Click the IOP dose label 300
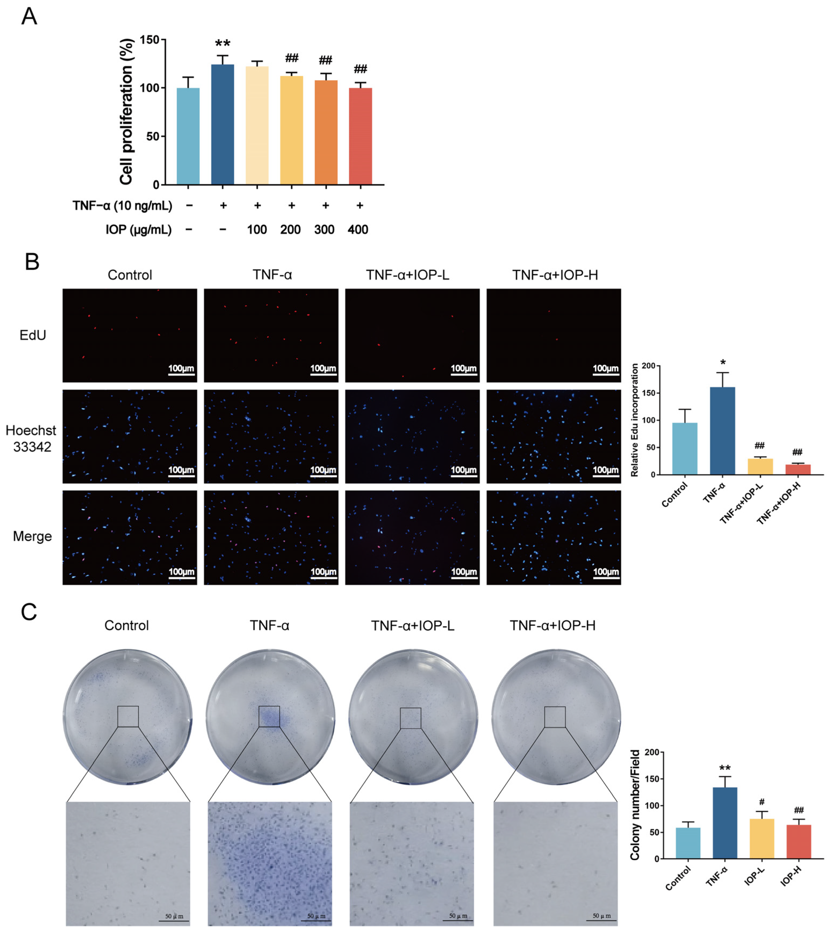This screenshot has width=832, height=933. click(x=324, y=230)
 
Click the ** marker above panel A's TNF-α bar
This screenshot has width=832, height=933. click(x=223, y=44)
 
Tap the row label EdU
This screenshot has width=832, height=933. click(x=32, y=335)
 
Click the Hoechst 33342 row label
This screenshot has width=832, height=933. click(x=31, y=438)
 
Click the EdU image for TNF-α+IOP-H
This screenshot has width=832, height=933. click(x=554, y=335)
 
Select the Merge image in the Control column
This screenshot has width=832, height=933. click(x=130, y=537)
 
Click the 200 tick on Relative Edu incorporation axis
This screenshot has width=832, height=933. click(x=648, y=366)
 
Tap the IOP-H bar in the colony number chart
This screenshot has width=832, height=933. click(x=799, y=841)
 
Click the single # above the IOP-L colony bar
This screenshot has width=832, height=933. click(x=762, y=802)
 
